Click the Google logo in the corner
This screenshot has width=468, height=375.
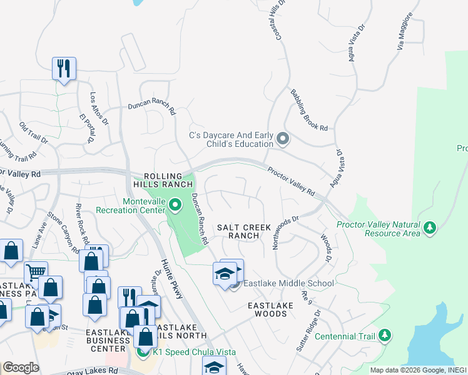(21, 367)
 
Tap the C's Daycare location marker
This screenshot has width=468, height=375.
(283, 139)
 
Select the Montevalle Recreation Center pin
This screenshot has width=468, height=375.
(176, 204)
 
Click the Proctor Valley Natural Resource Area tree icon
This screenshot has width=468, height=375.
(430, 228)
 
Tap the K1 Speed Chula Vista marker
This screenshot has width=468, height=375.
(142, 352)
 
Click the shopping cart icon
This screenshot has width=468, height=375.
(36, 272)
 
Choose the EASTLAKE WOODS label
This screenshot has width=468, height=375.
(267, 309)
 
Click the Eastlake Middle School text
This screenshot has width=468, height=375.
(288, 283)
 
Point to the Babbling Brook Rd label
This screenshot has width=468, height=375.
(308, 110)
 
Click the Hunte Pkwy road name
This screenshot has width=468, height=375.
(171, 279)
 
